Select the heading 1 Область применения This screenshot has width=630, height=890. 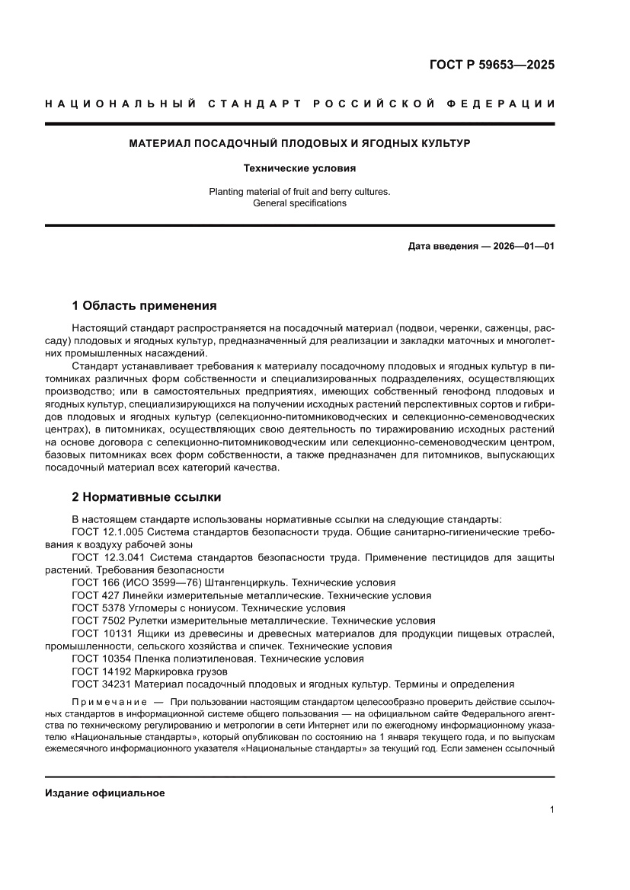tap(144, 306)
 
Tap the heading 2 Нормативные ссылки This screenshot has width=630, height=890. tap(146, 497)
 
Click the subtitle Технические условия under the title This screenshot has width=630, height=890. tap(299, 168)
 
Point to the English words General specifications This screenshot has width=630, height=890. tap(299, 203)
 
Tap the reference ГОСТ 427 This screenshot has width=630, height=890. tap(97, 595)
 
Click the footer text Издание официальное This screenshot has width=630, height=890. tap(105, 793)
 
